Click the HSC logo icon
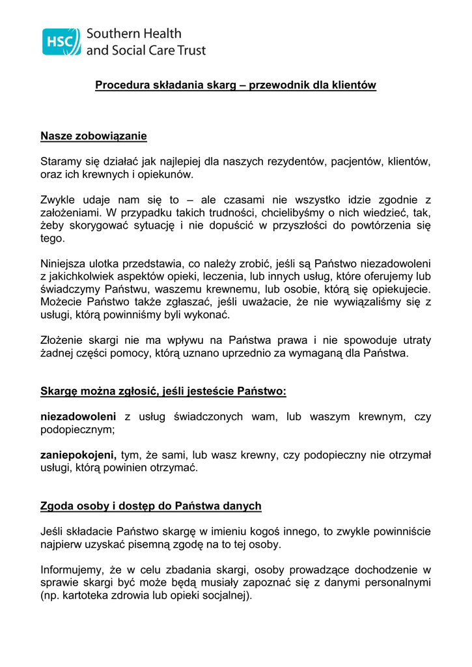click(61, 41)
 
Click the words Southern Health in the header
click(133, 33)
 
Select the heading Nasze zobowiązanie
click(94, 136)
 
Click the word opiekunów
click(163, 175)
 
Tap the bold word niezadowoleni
click(78, 416)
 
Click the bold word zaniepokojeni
click(78, 455)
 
